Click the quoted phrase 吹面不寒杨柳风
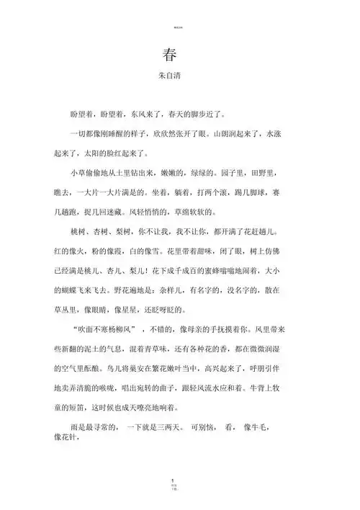point(108,332)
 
